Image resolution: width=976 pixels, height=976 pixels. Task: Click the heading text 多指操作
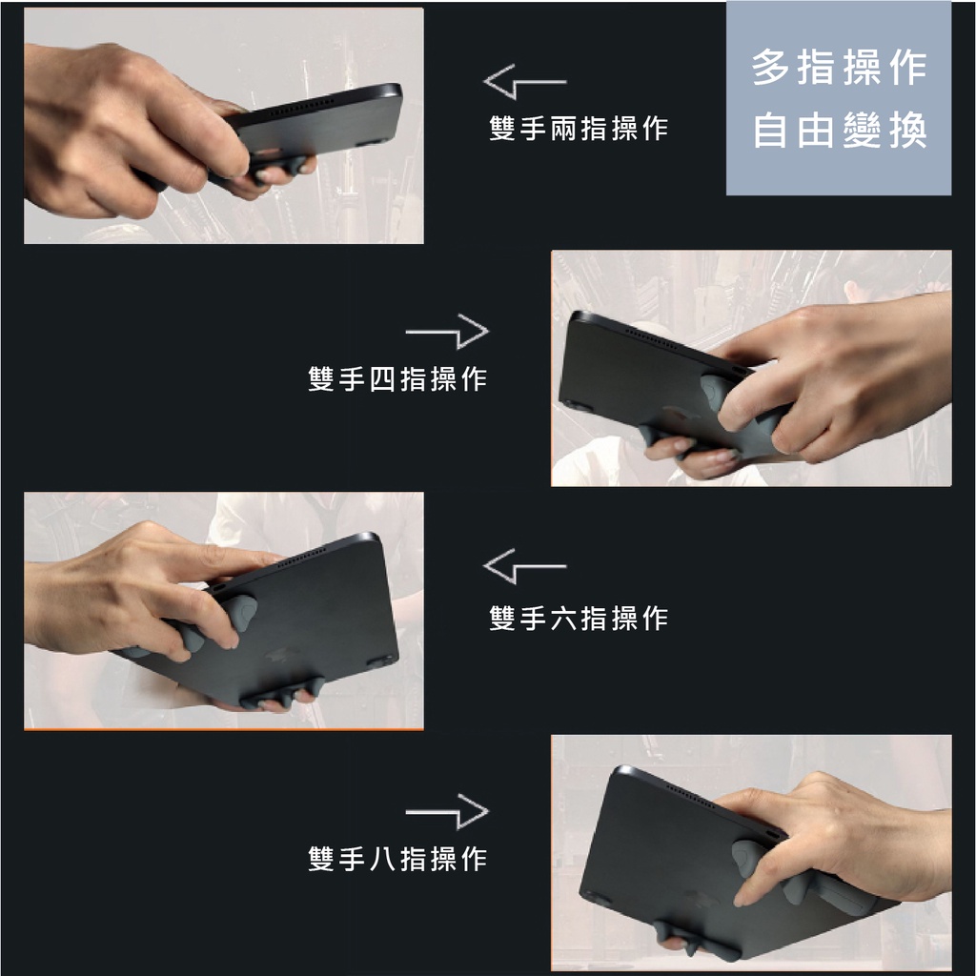coord(840,68)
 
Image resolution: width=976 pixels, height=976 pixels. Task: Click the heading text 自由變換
coord(840,130)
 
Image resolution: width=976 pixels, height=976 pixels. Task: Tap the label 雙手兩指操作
coord(579,129)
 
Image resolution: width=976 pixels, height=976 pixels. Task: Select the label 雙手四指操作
coord(397,378)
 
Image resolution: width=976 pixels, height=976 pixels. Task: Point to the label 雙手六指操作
coord(579,618)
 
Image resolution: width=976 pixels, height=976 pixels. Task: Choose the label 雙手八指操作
coord(397,859)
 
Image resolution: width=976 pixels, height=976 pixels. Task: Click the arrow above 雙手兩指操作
coord(524,82)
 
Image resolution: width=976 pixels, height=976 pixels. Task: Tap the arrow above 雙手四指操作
coord(448,331)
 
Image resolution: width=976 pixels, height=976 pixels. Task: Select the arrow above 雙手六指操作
coord(524,566)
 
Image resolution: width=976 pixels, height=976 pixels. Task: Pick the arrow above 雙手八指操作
coord(448,812)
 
